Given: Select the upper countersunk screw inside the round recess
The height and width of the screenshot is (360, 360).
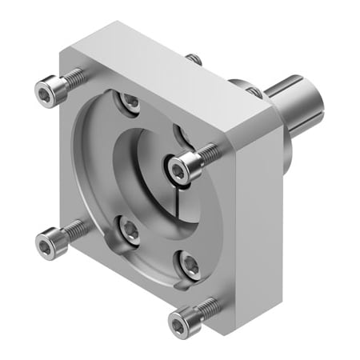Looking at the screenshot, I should (129, 101).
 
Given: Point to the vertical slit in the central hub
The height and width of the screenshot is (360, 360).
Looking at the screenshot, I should (174, 210).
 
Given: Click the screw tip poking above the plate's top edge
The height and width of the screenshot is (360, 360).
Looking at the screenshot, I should (194, 58).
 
